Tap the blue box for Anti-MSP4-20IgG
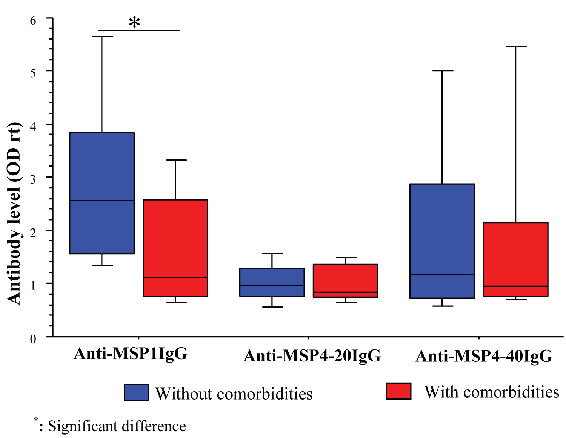(x=272, y=277)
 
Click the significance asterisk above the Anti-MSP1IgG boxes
(x=134, y=23)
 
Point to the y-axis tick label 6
(x=33, y=20)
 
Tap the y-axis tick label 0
(x=33, y=338)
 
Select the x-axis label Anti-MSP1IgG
(x=131, y=354)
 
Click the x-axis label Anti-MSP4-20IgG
(x=312, y=355)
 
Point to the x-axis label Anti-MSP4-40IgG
(x=484, y=356)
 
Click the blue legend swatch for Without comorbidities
(x=136, y=392)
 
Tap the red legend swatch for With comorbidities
(x=398, y=391)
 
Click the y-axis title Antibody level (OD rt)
(x=14, y=213)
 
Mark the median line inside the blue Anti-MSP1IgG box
(x=102, y=200)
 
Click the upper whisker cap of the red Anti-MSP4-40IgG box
(x=516, y=47)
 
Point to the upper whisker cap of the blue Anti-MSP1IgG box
(x=102, y=37)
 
